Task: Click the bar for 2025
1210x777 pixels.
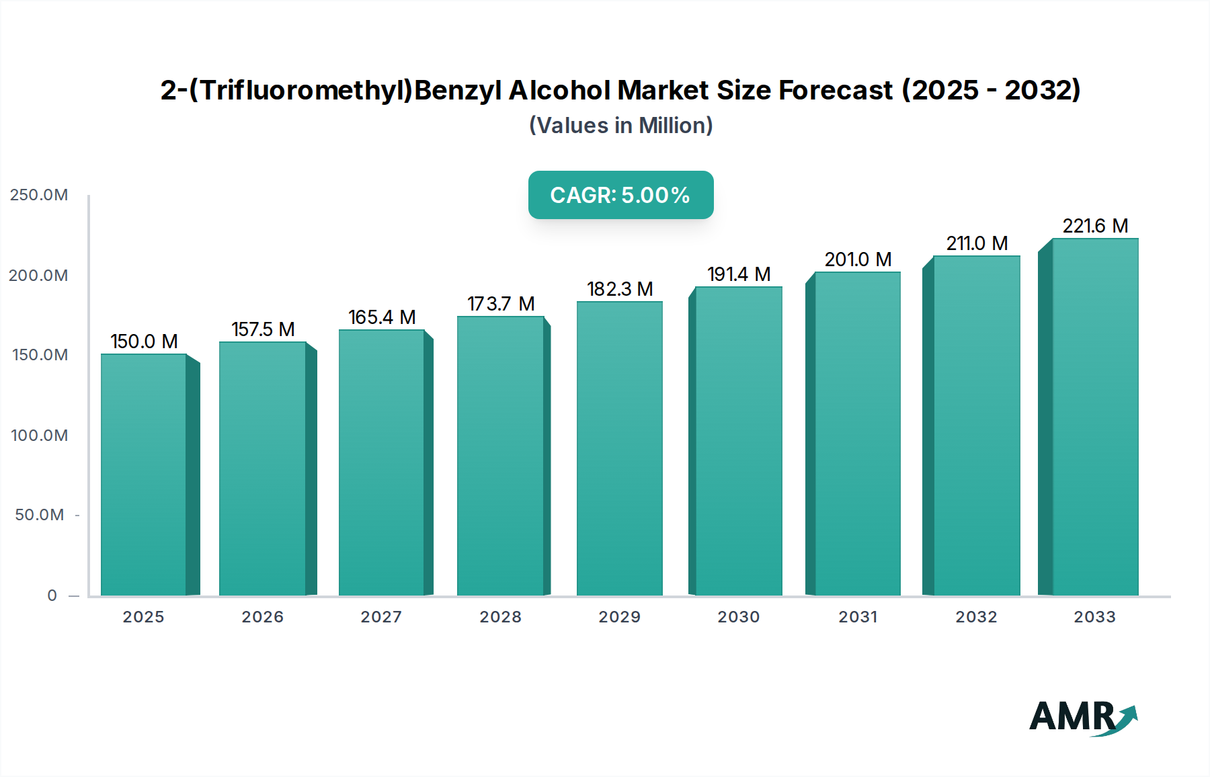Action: click(143, 475)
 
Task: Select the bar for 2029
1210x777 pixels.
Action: click(620, 448)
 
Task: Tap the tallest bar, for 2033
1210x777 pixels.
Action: click(1095, 417)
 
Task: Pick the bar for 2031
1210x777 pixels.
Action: click(857, 434)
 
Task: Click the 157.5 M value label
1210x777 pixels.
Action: click(263, 329)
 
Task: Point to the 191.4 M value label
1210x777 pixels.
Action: click(739, 274)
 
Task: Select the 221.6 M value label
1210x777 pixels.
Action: click(1095, 226)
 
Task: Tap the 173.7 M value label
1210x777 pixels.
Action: click(501, 304)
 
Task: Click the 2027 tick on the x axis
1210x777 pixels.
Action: click(381, 617)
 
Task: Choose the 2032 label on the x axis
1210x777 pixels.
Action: click(976, 617)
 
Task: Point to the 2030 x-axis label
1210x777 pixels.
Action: click(738, 617)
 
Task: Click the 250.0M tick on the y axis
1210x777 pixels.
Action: click(39, 195)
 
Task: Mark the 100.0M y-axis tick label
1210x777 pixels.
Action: click(39, 436)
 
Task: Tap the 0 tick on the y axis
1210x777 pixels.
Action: click(52, 596)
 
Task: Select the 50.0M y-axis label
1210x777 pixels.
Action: click(39, 515)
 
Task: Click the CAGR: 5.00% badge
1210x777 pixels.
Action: click(620, 195)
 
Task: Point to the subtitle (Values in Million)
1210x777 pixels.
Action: click(620, 126)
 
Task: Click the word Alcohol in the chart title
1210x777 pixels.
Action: click(559, 90)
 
